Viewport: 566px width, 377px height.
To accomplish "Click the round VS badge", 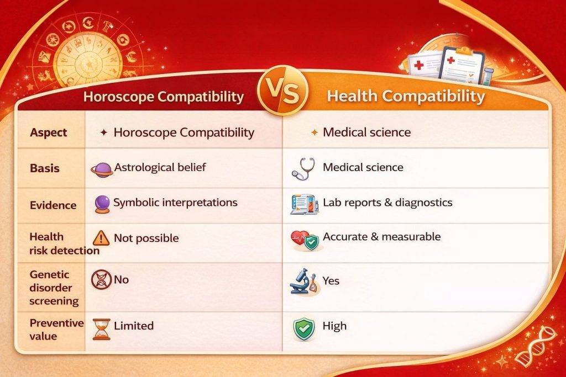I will [283, 93].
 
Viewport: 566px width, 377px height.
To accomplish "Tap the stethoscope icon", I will [303, 169].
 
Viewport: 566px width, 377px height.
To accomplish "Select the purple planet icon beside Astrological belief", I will [101, 169].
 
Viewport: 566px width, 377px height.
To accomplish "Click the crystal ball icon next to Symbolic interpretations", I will [102, 204].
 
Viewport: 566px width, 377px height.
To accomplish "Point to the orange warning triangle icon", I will [102, 238].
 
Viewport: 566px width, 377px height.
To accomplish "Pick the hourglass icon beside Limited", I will [102, 329].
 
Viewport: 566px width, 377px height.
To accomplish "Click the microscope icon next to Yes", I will [303, 282].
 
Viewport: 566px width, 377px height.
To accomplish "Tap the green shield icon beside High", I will [303, 328].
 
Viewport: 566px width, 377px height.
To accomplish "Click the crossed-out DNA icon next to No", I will [101, 281].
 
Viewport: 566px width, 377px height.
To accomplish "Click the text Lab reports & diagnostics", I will [387, 203].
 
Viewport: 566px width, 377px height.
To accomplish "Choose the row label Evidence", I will [53, 205].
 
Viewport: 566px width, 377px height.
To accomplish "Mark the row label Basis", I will [44, 168].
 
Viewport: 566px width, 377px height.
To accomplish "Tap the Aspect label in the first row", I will [49, 133].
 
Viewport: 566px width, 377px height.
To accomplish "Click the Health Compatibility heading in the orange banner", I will [406, 97].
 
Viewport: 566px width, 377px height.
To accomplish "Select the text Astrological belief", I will [160, 167].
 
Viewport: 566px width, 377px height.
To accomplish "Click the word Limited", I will [134, 326].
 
